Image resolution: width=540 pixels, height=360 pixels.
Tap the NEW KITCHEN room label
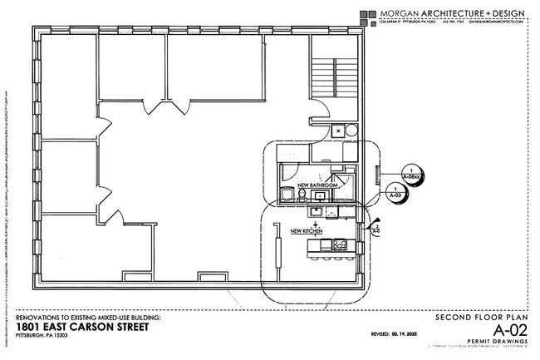pos(307,230)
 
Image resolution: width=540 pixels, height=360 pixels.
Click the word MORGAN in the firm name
pos(395,13)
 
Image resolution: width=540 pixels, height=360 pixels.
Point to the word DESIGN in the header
pos(508,13)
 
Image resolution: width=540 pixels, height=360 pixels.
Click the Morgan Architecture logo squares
pos(366,14)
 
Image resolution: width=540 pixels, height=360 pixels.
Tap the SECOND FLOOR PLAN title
pos(484,318)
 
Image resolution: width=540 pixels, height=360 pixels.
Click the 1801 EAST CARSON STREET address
pos(82,327)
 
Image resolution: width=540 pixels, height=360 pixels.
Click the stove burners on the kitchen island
pos(337,244)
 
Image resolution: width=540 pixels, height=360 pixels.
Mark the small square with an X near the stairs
pos(338,131)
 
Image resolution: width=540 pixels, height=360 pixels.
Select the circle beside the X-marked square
pos(351,131)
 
